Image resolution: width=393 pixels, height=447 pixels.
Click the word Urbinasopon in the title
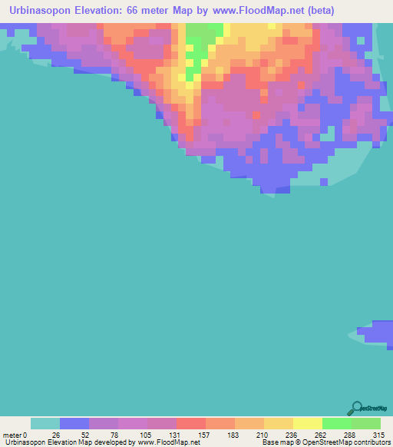[47, 11]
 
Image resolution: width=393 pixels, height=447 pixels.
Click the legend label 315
[375, 434]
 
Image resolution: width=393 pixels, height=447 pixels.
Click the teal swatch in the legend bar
[45, 423]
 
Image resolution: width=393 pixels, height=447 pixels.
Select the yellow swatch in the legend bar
[308, 423]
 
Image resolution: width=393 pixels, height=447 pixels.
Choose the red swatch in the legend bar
[191, 423]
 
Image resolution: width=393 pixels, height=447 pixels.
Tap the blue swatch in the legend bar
[74, 423]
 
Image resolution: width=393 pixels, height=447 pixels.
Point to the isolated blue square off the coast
[324, 182]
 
